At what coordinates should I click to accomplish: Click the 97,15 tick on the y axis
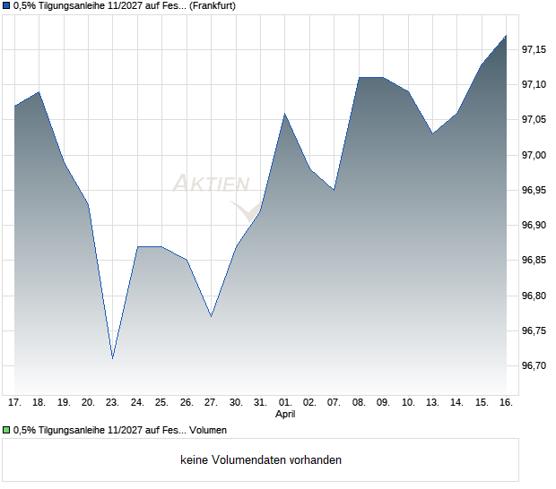tap(535, 49)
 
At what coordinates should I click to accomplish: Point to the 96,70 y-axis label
tap(535, 366)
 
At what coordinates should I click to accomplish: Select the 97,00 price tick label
tap(535, 155)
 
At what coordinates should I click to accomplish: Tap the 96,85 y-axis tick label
tap(535, 261)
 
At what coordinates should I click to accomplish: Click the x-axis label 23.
tap(112, 403)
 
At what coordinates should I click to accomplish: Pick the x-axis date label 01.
tap(285, 403)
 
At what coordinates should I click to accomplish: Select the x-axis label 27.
tap(211, 403)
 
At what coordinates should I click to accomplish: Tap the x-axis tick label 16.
tap(506, 403)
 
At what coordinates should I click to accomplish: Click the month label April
tap(285, 415)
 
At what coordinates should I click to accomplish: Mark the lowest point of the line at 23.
tap(113, 358)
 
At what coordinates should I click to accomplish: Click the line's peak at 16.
tap(506, 36)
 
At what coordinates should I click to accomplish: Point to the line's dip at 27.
tap(211, 316)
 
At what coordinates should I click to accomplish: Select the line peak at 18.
tap(39, 91)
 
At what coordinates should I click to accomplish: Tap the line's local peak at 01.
tap(285, 114)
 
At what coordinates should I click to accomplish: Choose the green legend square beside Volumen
tap(6, 431)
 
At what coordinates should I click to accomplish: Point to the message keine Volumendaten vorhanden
tap(261, 460)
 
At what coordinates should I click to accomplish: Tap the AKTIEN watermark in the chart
tap(212, 184)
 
